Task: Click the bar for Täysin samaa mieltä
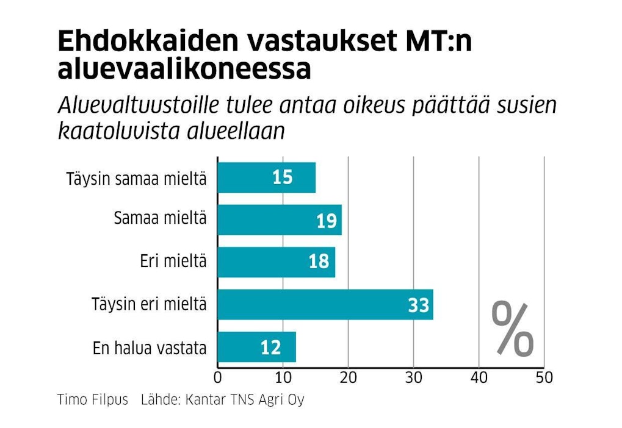266,178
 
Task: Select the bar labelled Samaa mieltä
280,220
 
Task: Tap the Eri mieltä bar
276,262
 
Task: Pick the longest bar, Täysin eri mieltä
325,305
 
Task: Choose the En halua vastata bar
256,347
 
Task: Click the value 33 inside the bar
419,305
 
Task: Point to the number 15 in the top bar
283,178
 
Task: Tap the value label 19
327,221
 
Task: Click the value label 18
319,262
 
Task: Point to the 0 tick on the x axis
218,377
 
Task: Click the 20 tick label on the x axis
348,377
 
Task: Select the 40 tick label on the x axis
479,377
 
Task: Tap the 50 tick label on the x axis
543,377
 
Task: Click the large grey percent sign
513,329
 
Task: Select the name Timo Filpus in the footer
93,401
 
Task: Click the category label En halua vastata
150,348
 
